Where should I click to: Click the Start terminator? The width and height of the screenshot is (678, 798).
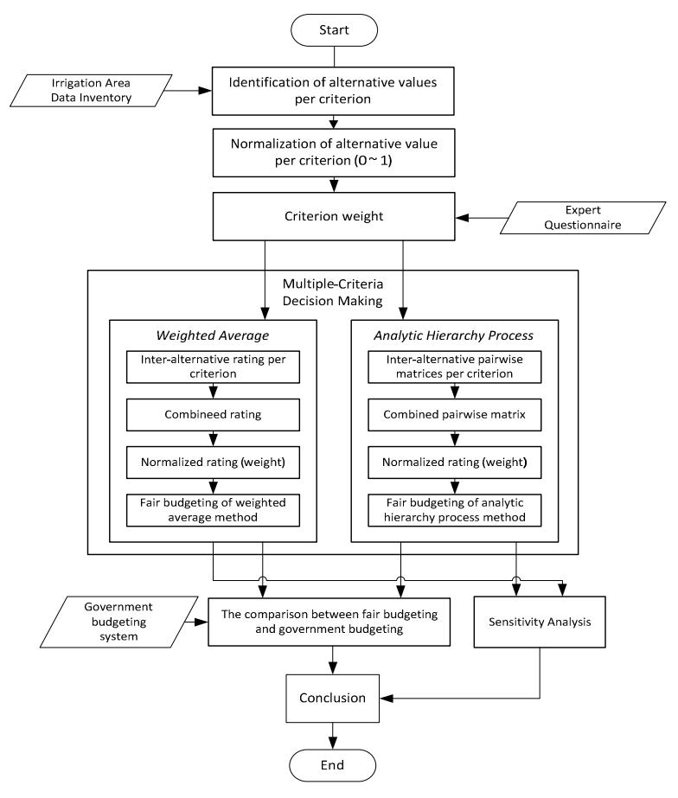point(334,30)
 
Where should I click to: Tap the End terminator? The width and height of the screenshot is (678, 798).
point(332,765)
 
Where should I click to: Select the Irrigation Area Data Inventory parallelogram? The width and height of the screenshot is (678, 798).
point(91,91)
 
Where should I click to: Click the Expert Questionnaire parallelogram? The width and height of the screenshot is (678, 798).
point(583,218)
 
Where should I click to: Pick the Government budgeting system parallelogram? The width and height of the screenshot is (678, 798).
point(118,622)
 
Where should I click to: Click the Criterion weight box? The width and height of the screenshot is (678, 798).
point(334,216)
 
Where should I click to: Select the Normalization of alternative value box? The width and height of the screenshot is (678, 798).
point(334,153)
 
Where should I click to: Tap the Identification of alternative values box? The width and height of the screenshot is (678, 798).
point(333,91)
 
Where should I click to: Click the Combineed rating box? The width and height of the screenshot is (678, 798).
point(213,415)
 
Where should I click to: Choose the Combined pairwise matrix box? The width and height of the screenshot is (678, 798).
point(455,415)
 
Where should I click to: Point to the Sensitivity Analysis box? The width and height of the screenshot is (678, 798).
point(540,622)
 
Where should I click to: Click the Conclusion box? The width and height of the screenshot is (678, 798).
point(332,699)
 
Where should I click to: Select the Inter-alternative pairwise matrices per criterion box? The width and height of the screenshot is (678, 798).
point(455,367)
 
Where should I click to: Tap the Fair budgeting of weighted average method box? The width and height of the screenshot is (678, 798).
point(213,510)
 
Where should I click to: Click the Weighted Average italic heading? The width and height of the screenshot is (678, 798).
point(213,335)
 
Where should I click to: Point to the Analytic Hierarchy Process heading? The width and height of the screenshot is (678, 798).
point(453,335)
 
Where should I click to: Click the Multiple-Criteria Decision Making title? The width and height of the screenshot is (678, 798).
point(333,292)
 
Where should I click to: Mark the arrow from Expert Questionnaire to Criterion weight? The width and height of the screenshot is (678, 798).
point(482,218)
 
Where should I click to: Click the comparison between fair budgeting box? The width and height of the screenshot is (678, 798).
point(329,622)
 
